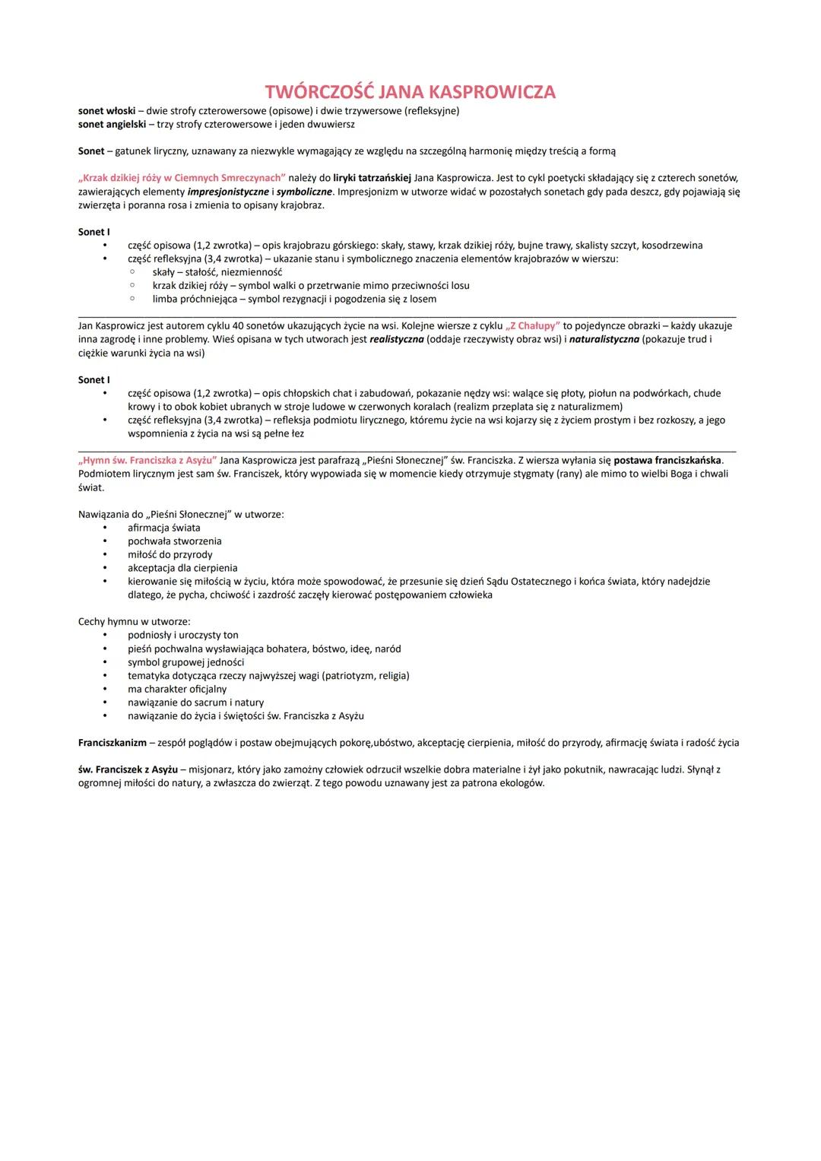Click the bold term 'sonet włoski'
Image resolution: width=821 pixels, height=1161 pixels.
click(106, 111)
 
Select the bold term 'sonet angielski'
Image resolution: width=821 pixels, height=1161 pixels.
click(112, 124)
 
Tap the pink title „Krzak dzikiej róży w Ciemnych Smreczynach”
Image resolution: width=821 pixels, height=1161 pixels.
click(182, 178)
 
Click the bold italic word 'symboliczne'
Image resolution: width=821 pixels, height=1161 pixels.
click(304, 192)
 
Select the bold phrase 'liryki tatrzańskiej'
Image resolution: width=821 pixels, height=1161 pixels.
click(372, 178)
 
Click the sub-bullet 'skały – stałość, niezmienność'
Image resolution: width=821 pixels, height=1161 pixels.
click(217, 272)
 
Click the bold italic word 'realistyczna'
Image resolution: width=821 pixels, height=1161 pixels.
click(397, 339)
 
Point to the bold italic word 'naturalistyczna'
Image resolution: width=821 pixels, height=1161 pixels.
click(604, 339)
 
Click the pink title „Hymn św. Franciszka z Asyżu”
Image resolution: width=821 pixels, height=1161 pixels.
click(147, 460)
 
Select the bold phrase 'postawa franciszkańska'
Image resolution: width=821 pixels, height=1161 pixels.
click(668, 460)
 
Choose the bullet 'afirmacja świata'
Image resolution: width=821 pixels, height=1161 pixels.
click(164, 528)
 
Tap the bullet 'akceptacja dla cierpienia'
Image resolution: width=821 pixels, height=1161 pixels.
click(182, 568)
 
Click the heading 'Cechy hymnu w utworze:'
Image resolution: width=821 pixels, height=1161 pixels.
click(134, 622)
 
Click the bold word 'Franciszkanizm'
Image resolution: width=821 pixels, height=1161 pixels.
click(113, 743)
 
